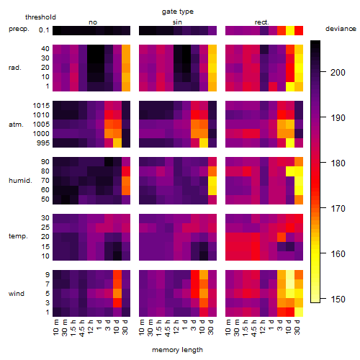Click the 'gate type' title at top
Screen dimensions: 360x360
point(178,12)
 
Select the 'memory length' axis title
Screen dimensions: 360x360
point(178,350)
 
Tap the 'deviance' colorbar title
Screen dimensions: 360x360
point(341,29)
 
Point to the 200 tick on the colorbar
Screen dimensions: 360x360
point(323,71)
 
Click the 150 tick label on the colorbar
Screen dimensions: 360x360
point(338,300)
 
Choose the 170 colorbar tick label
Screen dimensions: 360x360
point(338,209)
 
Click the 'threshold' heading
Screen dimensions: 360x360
point(40,17)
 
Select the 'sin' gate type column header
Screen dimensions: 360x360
point(177,22)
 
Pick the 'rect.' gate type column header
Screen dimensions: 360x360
point(262,22)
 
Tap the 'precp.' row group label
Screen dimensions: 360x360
point(19,29)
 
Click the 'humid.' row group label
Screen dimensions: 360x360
point(20,181)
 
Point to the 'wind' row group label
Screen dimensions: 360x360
point(17,294)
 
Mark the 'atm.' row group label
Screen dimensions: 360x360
point(16,125)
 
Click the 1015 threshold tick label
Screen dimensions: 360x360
point(41,105)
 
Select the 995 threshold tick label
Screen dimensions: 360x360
point(43,143)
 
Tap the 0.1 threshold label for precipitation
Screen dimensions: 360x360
point(44,30)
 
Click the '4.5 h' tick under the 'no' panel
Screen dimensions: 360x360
point(81,328)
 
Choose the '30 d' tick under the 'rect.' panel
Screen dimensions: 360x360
point(297,327)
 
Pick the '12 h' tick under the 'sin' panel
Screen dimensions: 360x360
point(176,327)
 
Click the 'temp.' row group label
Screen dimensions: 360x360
point(18,236)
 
